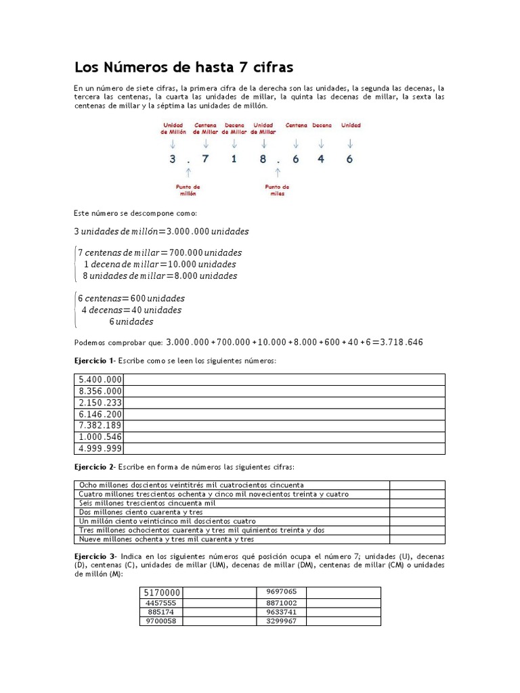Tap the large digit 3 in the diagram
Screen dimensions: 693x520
pos(173,159)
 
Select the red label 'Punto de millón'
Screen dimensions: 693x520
pos(186,190)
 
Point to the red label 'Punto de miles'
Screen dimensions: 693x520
pos(277,190)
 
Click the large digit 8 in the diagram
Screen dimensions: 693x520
pos(262,159)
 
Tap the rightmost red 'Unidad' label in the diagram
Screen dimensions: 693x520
pos(351,125)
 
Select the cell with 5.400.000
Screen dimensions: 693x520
pos(100,379)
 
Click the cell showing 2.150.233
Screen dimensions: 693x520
pos(100,402)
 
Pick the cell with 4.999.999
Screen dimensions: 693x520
pos(100,448)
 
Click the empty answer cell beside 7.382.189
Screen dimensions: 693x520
pos(284,425)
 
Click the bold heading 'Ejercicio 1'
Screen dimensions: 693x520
pos(94,361)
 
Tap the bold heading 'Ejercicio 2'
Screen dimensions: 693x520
pos(94,468)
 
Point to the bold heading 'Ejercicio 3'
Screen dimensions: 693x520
pos(94,556)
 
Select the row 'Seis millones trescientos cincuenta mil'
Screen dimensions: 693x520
pos(147,504)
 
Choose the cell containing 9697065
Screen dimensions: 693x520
pos(282,591)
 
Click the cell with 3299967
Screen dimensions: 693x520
pos(282,621)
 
